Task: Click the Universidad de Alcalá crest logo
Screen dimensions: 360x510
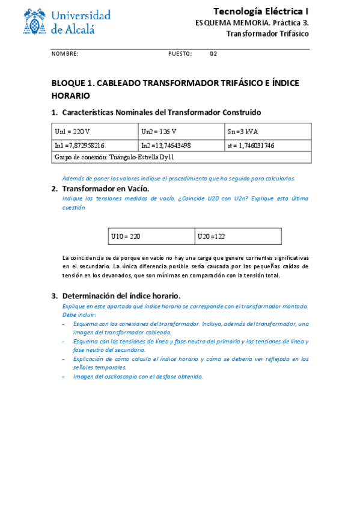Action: [x=37, y=22]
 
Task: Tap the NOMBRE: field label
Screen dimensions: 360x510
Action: [x=65, y=54]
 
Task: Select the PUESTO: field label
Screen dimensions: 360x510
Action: [x=180, y=54]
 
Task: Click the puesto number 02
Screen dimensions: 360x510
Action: [x=213, y=54]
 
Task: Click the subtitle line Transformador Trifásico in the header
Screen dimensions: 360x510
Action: [x=267, y=34]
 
